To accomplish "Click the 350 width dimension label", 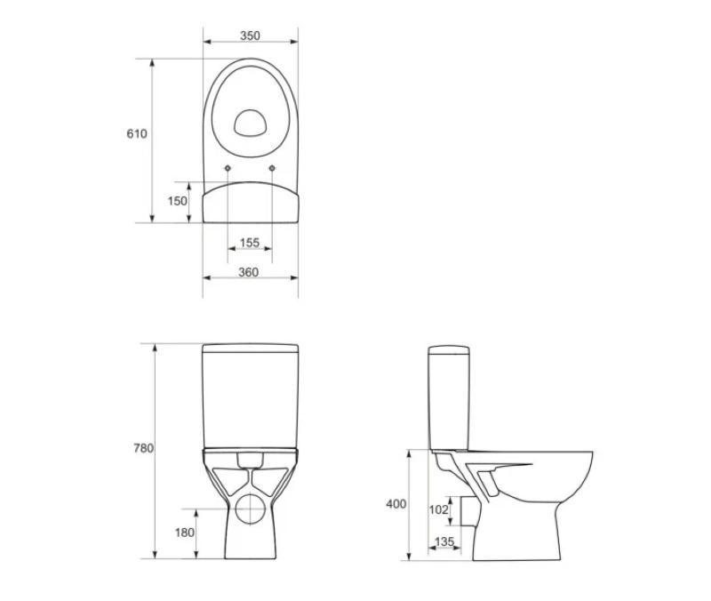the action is coord(250,36).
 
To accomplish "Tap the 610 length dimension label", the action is coord(137,134).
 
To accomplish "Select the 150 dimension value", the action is coord(177,201).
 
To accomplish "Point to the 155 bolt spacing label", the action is coord(250,243).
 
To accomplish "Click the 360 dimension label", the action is coord(249,272).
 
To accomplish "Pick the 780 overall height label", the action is coord(143,448).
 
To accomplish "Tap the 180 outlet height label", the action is coord(185,533).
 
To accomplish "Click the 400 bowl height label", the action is coord(395,504).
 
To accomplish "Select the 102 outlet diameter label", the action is coord(438,509).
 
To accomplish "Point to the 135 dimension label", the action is coord(443,541).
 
